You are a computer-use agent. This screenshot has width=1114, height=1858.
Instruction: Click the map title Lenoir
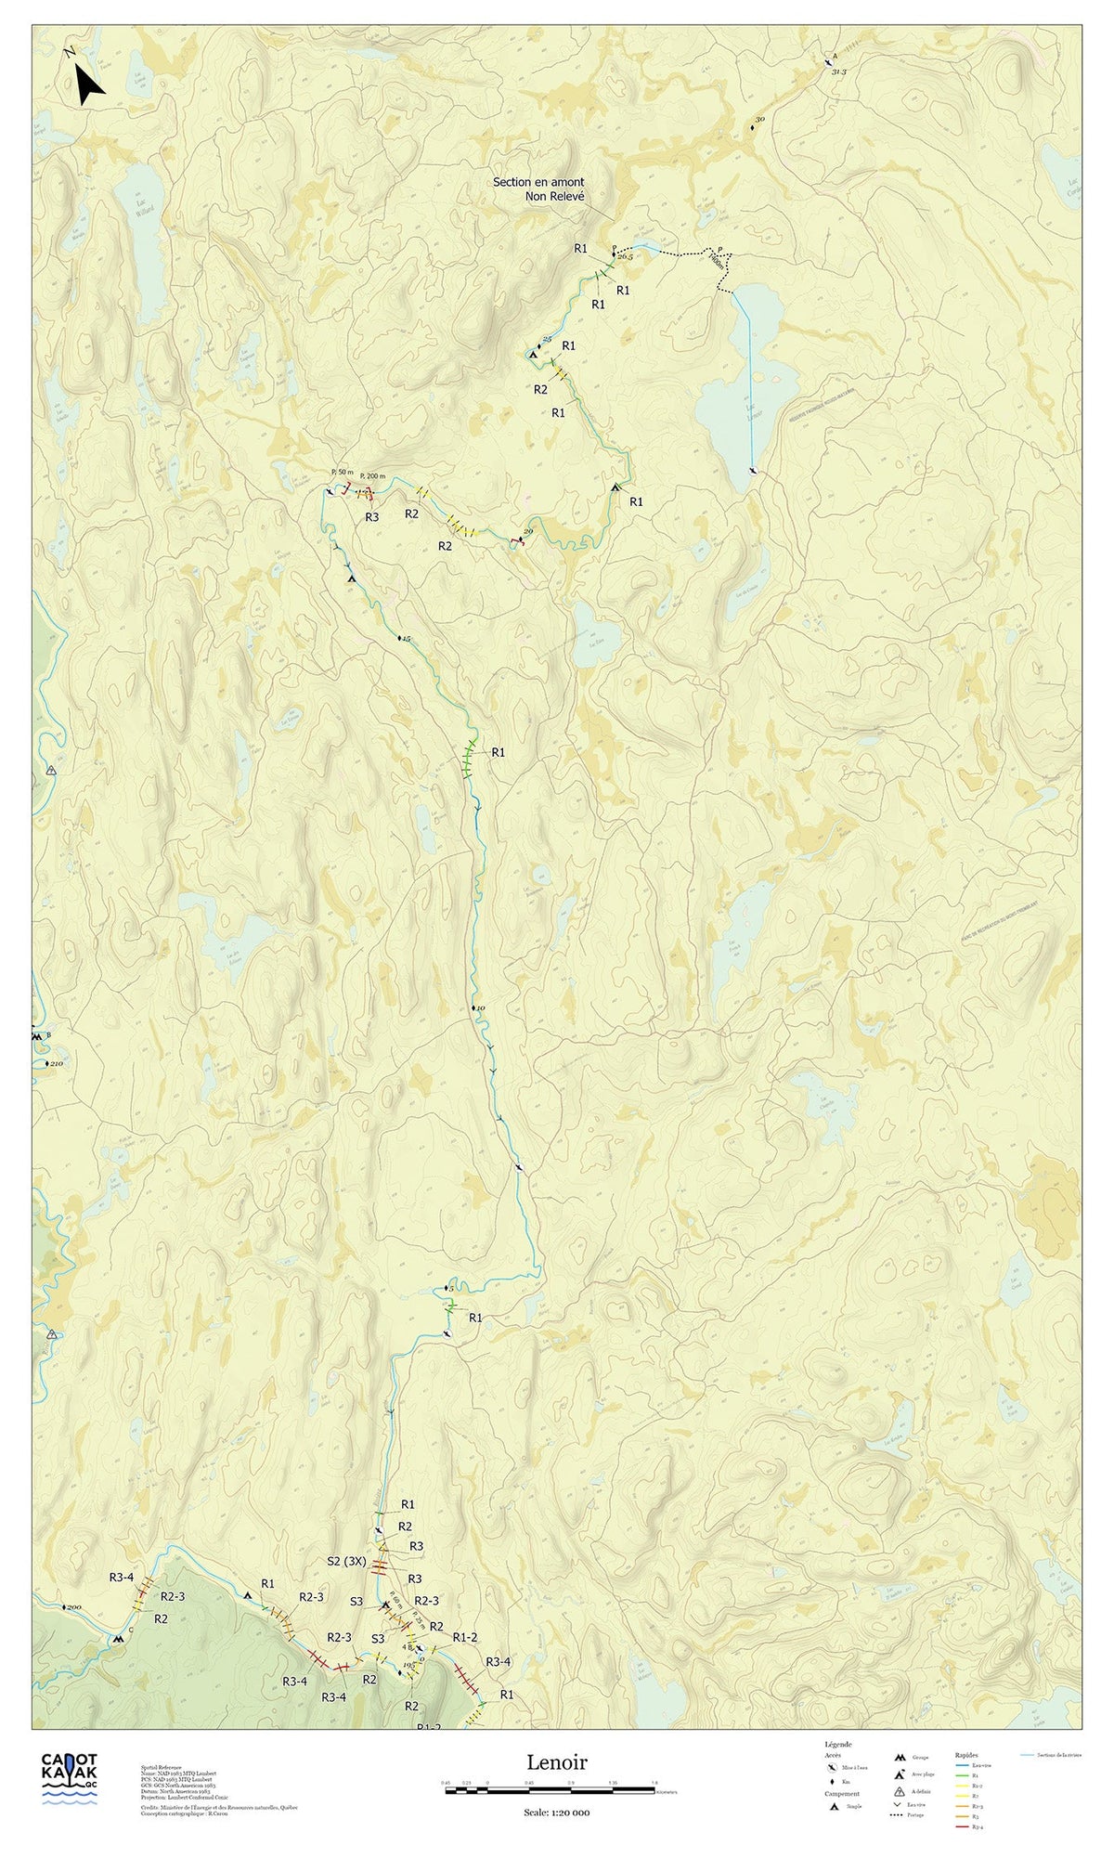point(557,1761)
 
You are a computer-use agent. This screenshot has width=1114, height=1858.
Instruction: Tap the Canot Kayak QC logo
point(70,1776)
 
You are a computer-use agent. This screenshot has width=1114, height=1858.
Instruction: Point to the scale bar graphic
point(551,1788)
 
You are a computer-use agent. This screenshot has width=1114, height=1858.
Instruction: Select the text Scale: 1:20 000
point(556,1812)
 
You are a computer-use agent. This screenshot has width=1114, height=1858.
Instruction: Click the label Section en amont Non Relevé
point(538,188)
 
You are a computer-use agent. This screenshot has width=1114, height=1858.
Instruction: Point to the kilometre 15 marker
point(405,640)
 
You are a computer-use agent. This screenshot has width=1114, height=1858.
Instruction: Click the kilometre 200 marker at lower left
point(72,1607)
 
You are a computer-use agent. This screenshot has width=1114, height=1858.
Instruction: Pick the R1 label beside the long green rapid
point(498,752)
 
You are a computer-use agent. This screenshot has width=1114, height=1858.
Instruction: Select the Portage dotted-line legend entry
point(911,1814)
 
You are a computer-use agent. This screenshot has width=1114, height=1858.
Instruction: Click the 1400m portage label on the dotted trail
point(716,263)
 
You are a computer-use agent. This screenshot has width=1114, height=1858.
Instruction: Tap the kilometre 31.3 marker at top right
point(838,71)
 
